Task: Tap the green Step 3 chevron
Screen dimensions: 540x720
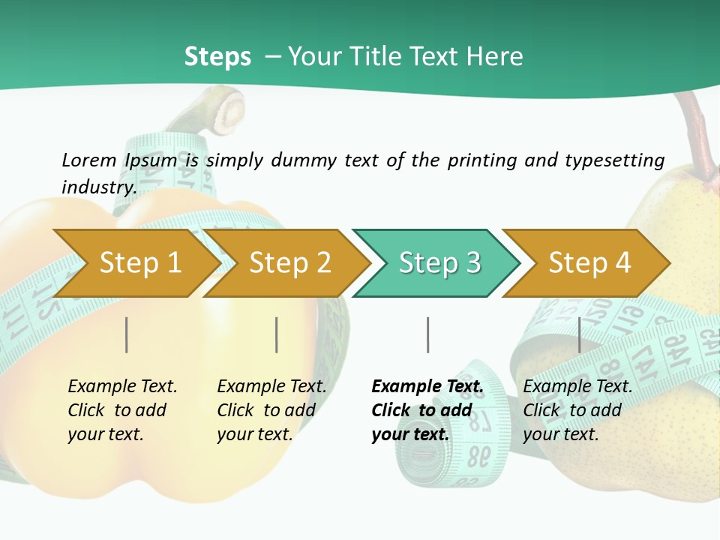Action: coord(439,263)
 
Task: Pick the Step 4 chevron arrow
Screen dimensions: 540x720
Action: coord(589,263)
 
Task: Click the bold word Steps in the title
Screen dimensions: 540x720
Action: coord(217,57)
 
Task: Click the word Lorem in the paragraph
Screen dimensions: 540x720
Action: coord(88,160)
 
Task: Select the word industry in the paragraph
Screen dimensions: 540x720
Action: coord(98,187)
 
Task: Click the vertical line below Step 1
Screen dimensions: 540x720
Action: coord(127,334)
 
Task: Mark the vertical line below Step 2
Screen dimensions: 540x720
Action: coord(277,334)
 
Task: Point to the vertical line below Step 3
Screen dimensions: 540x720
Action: coord(428,334)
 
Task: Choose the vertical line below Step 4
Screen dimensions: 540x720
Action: coord(579,334)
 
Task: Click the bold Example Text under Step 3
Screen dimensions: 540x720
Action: coord(427,387)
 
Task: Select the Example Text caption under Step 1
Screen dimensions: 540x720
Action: coord(122,387)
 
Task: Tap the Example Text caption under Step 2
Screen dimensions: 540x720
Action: coord(271,387)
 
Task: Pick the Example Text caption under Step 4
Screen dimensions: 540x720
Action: coord(577,387)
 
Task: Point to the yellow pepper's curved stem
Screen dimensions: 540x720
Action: coord(202,112)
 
